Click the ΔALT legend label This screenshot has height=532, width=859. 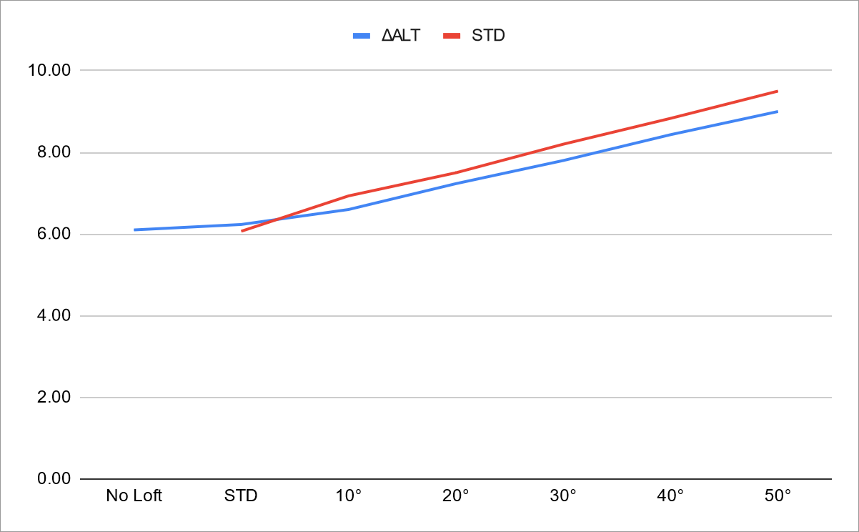[x=401, y=35]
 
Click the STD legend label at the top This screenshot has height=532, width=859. [x=489, y=35]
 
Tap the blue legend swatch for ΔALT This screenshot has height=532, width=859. [x=362, y=35]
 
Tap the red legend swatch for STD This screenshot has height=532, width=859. [x=453, y=35]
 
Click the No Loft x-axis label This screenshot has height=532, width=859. [x=134, y=496]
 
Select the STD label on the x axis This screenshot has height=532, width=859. [x=241, y=496]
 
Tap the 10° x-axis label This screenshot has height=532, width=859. [x=349, y=496]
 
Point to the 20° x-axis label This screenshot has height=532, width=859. [x=456, y=496]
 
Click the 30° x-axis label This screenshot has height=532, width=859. [x=563, y=496]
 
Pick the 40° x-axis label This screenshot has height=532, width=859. [x=670, y=496]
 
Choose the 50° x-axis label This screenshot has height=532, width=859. [x=778, y=496]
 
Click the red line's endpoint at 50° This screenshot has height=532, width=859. [x=778, y=91]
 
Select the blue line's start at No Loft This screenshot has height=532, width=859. [x=134, y=230]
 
